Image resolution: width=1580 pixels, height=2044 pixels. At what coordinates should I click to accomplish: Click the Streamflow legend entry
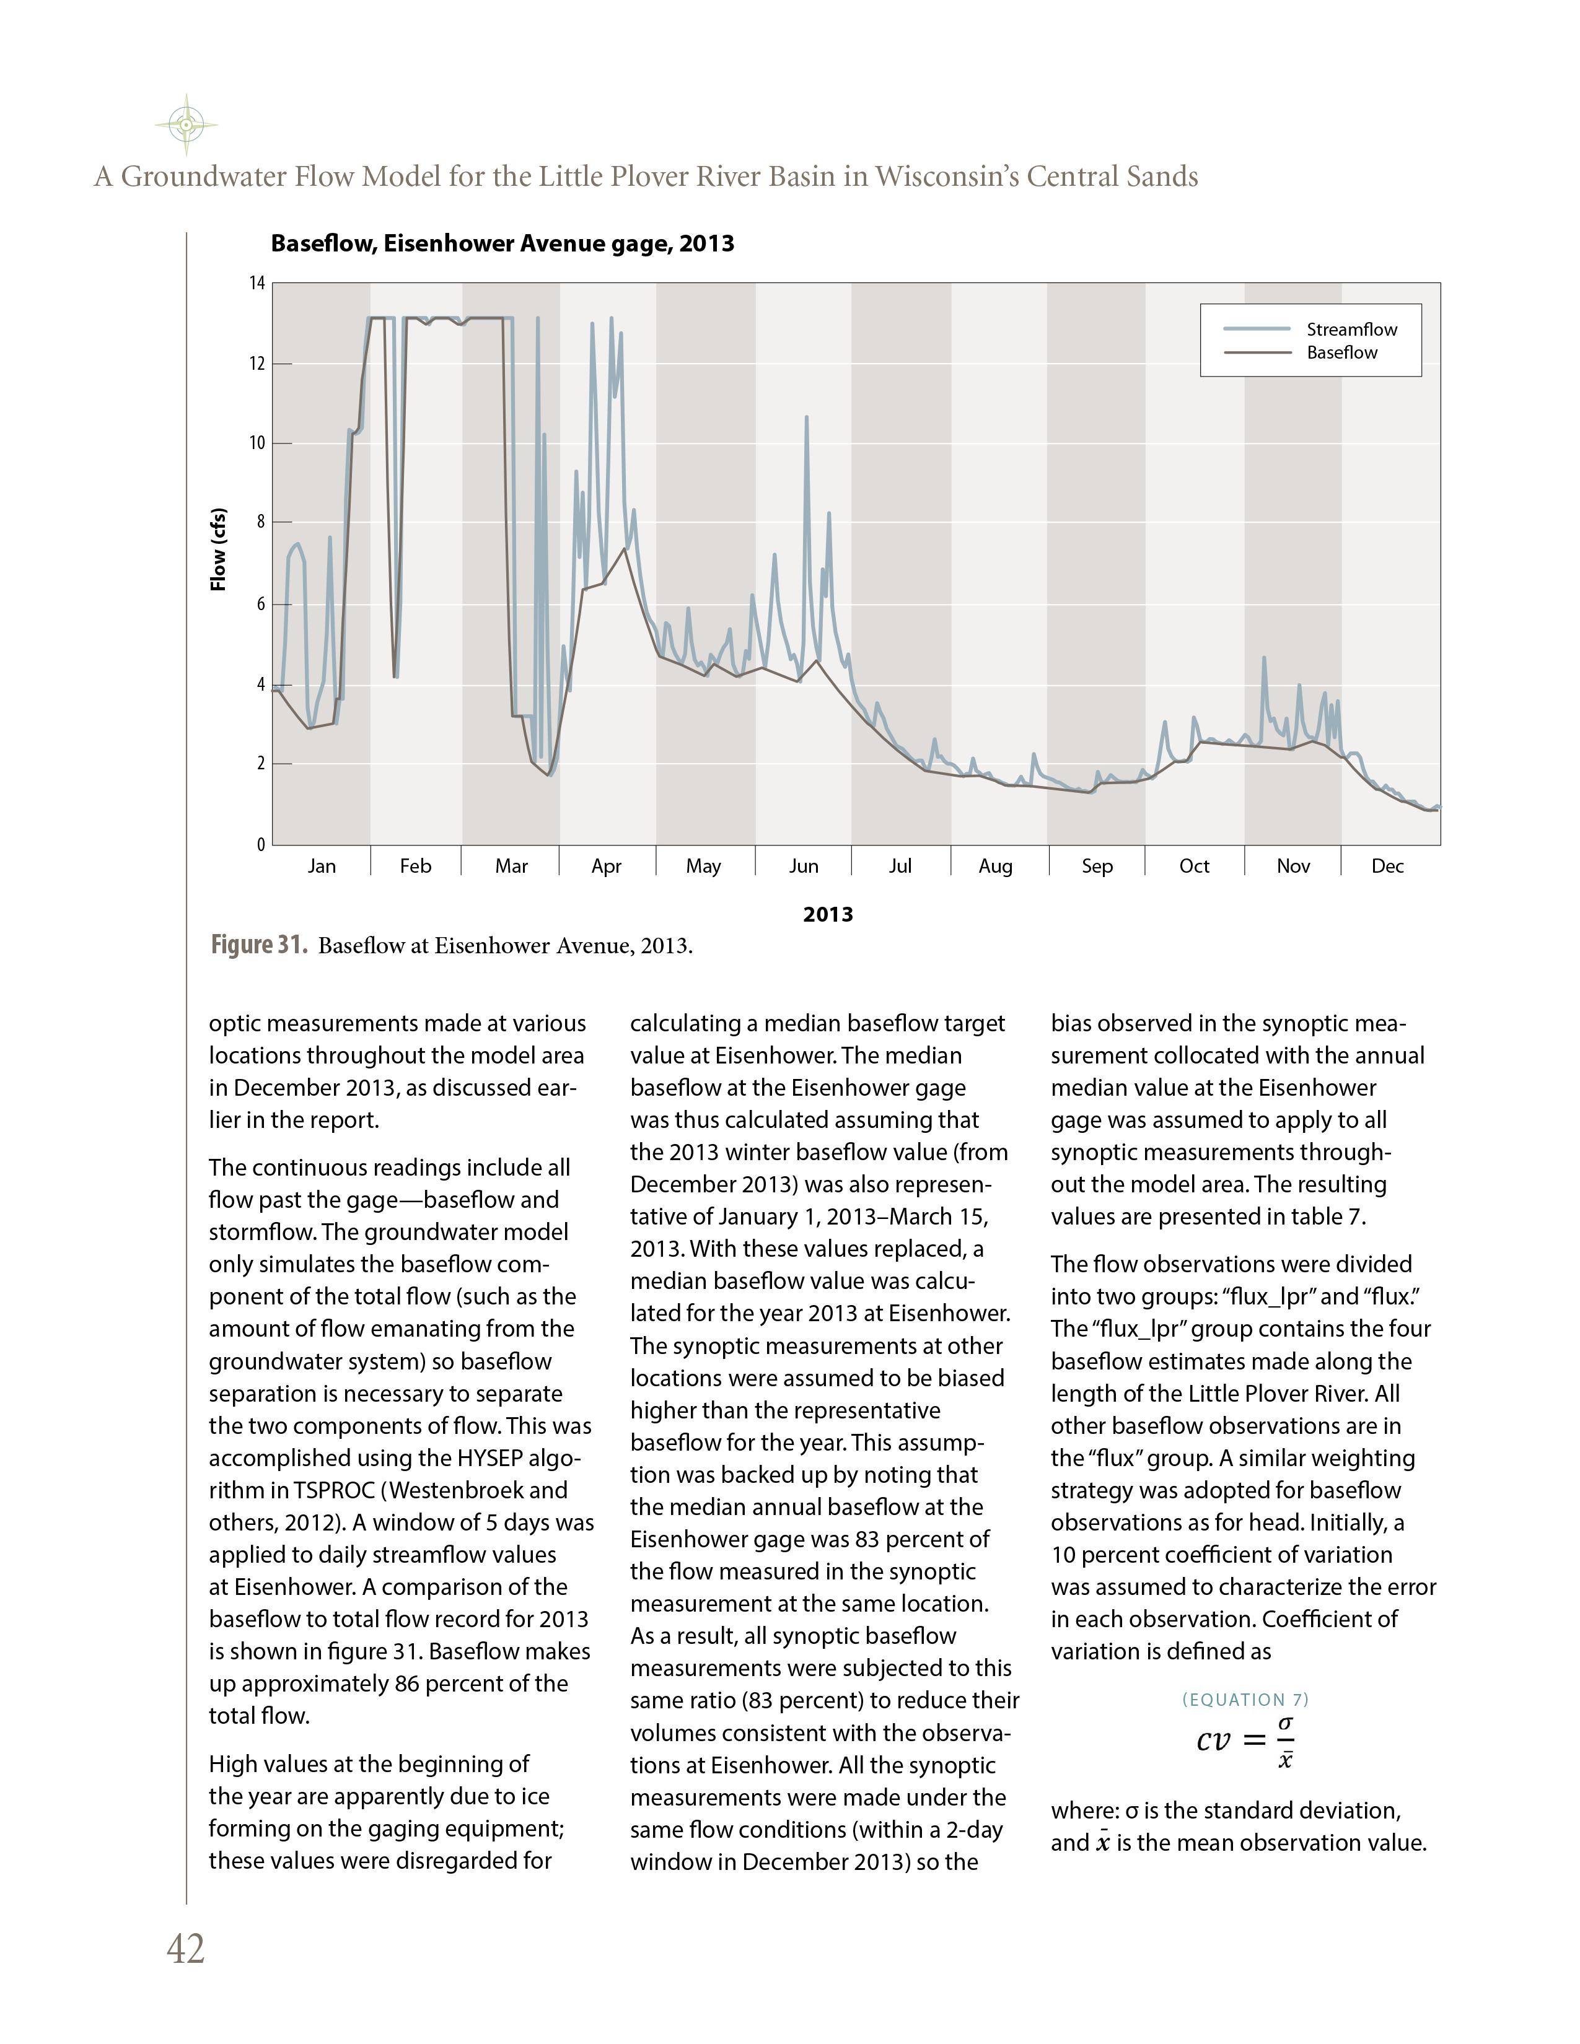(x=1351, y=330)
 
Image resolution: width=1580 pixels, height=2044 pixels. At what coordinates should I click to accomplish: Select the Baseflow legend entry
(x=1341, y=353)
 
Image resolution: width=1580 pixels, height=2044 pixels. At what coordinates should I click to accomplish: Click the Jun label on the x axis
(x=803, y=867)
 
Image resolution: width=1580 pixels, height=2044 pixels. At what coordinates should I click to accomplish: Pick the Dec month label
(x=1387, y=867)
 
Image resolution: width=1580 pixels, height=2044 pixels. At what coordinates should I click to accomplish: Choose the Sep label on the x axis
(x=1097, y=867)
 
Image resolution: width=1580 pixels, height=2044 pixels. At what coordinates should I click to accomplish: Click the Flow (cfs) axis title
(x=218, y=549)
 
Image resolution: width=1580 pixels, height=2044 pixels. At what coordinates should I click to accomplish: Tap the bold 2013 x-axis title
(x=827, y=914)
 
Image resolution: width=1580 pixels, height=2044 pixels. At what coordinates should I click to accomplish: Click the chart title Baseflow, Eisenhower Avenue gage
(x=502, y=244)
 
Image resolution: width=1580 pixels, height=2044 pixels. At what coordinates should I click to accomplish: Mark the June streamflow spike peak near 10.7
(x=807, y=418)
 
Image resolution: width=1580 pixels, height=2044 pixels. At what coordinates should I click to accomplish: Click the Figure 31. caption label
(x=258, y=945)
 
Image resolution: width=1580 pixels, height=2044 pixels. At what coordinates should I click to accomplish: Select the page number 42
(x=185, y=1949)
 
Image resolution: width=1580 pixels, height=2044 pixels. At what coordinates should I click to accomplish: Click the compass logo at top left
(x=187, y=124)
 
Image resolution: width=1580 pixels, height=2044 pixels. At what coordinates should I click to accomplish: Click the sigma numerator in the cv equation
(x=1286, y=1723)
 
